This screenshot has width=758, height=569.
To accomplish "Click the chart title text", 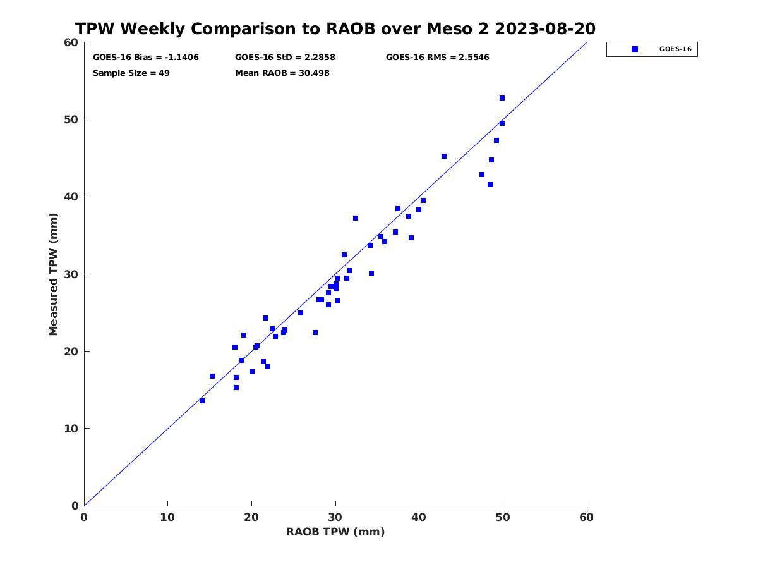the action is (x=335, y=28).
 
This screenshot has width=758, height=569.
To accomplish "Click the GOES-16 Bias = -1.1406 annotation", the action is (x=146, y=58).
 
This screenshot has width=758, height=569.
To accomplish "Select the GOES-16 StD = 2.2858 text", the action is (x=285, y=58).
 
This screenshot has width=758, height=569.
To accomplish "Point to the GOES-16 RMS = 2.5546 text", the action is (x=438, y=58).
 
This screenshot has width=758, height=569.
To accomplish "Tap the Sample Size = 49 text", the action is (x=131, y=73).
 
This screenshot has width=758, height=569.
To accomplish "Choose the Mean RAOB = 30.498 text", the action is (x=282, y=73).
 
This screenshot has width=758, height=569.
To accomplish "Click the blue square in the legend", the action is (x=635, y=49).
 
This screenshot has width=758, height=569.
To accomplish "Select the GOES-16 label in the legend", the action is (x=675, y=49).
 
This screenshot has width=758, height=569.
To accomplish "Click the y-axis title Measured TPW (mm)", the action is (x=53, y=274).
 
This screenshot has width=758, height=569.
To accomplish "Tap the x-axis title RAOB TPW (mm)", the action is (x=335, y=532).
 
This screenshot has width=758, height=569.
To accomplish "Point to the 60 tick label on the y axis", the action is (x=71, y=42).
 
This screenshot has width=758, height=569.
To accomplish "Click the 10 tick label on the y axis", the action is (x=71, y=429).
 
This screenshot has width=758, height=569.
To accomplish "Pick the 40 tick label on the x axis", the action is (x=419, y=517).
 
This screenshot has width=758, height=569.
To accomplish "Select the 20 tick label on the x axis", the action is (x=251, y=517).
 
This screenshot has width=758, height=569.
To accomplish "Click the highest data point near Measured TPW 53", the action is (x=502, y=98).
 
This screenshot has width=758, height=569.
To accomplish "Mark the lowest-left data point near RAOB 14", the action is (x=202, y=401).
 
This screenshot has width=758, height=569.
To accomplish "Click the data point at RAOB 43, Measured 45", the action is (x=444, y=156).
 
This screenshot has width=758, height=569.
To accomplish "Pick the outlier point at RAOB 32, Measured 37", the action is (x=356, y=218).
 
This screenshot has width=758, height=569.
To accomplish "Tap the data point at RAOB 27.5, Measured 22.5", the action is (x=315, y=333).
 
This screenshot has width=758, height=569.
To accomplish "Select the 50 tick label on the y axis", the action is (x=71, y=119).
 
